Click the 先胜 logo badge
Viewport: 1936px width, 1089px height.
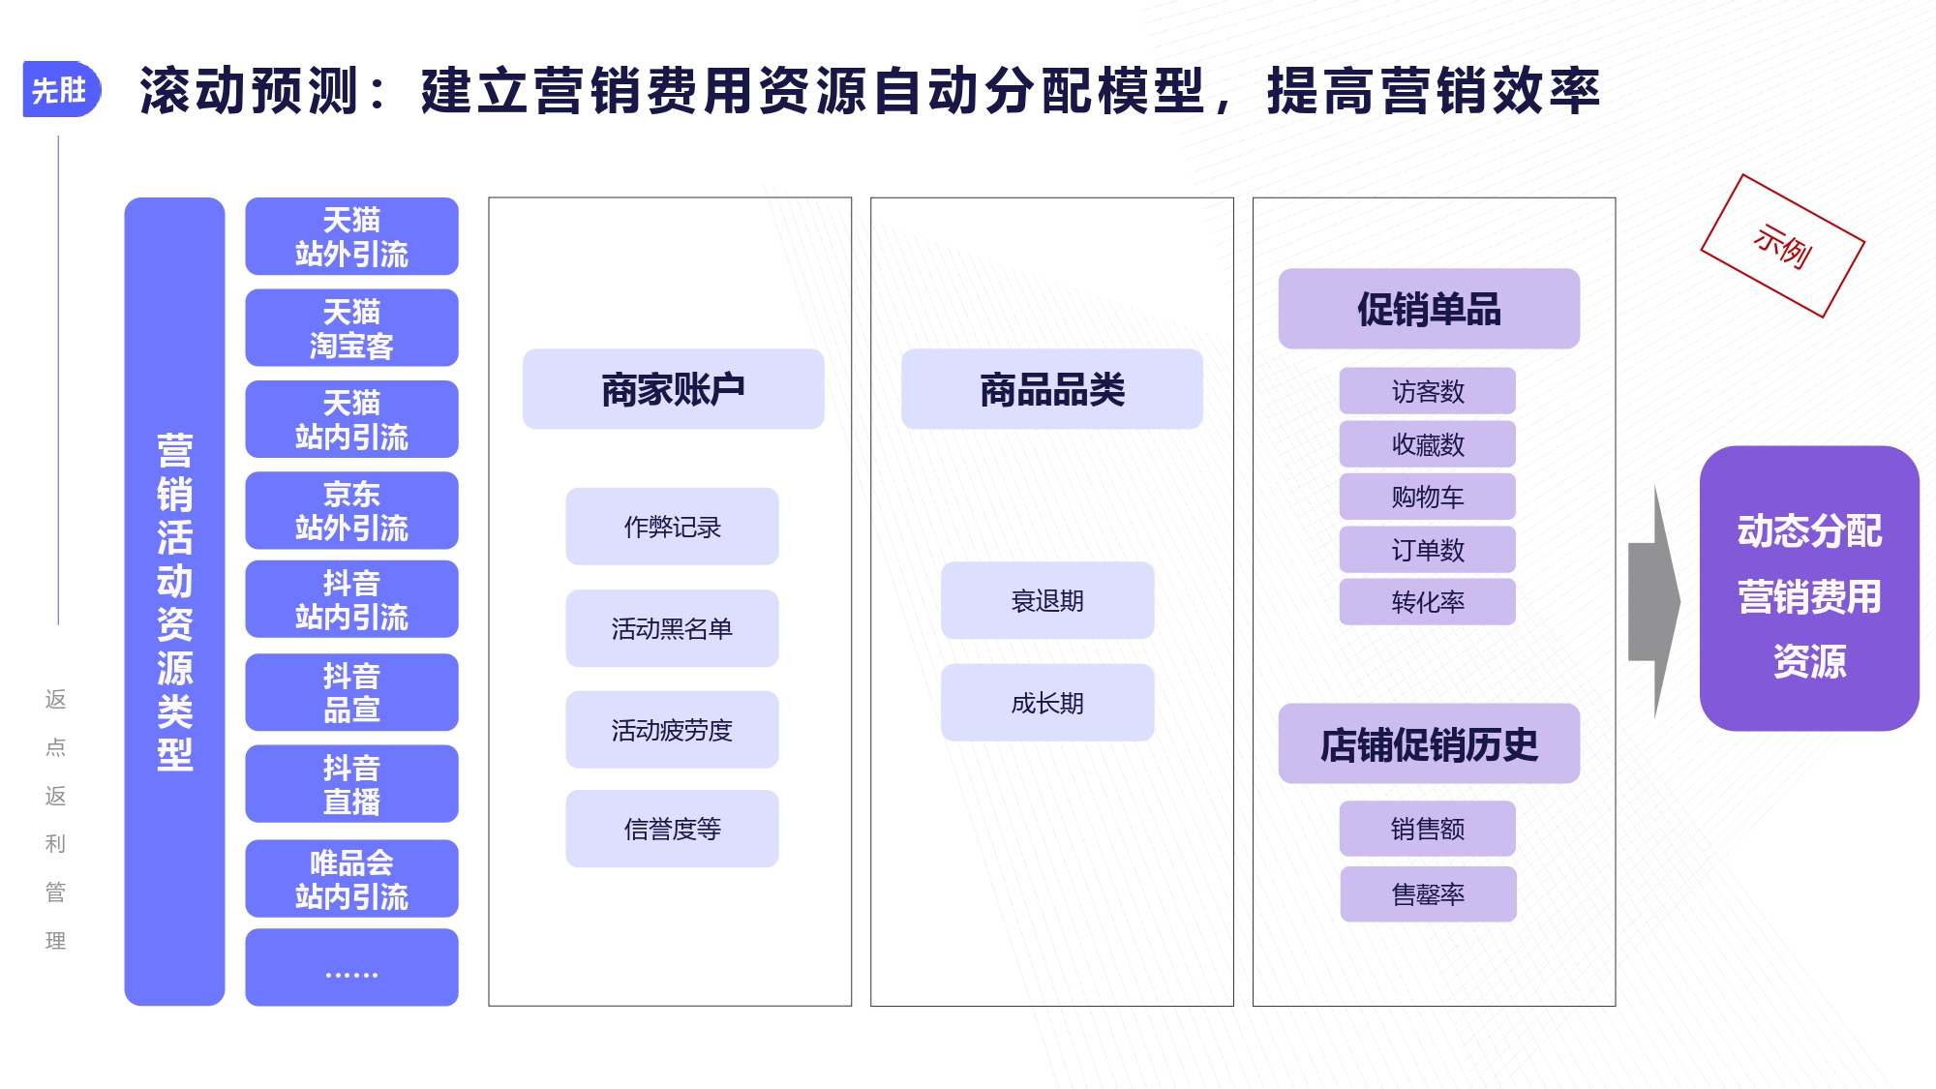tap(61, 90)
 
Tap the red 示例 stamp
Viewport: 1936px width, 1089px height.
tap(1782, 246)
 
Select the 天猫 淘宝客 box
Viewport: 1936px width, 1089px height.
tap(351, 328)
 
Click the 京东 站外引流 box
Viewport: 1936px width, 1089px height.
tap(351, 510)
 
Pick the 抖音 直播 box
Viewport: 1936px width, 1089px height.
tap(351, 784)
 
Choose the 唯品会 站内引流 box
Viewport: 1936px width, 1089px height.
tap(351, 879)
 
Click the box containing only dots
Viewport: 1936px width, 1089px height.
tap(351, 968)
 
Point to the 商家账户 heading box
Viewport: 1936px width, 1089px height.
tap(673, 389)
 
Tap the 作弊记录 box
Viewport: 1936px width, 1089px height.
tap(672, 527)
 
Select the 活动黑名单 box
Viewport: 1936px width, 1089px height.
tap(672, 628)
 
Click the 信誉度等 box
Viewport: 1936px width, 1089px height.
tap(672, 829)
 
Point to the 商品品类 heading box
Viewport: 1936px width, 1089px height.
tap(1052, 389)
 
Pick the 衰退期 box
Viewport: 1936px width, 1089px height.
tap(1047, 600)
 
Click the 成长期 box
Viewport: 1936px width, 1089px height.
tap(1047, 703)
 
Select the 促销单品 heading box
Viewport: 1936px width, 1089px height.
tap(1429, 309)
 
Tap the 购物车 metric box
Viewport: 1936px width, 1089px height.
tap(1428, 497)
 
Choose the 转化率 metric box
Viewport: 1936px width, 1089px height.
tap(1428, 602)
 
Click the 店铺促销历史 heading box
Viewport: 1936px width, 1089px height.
tap(1429, 743)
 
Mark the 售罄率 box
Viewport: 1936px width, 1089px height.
tap(1428, 894)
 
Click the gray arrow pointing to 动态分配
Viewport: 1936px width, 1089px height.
tap(1654, 602)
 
